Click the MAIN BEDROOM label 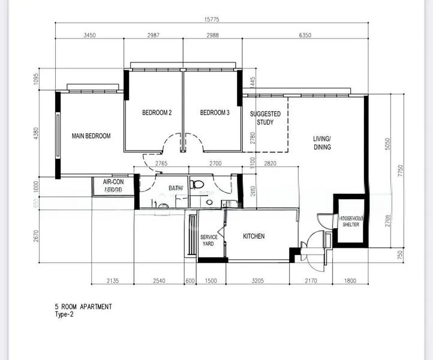(x=91, y=136)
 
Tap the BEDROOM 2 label (x=157, y=113)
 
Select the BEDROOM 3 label (x=215, y=113)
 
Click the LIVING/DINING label (x=322, y=143)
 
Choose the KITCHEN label (x=254, y=236)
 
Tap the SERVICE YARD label (x=209, y=240)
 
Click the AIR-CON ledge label (x=113, y=185)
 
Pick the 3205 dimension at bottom (x=257, y=281)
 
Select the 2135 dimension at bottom (x=112, y=281)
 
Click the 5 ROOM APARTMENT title (x=83, y=307)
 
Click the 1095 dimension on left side (x=36, y=80)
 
